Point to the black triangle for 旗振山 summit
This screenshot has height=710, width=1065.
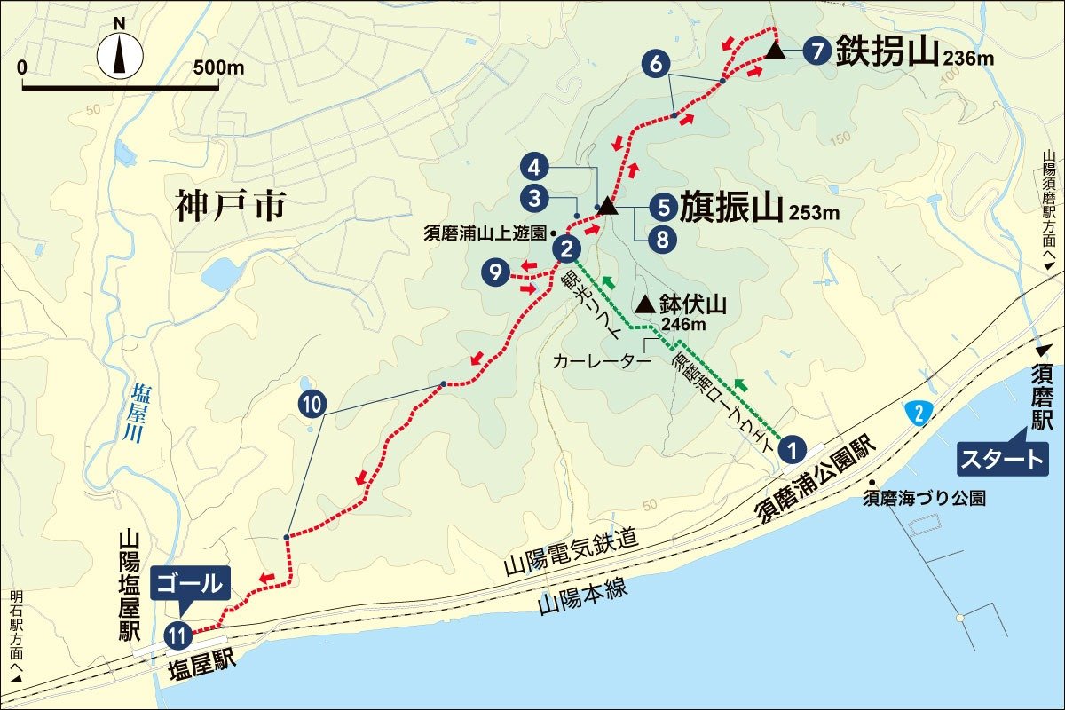[607, 206]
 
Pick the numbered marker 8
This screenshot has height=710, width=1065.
[661, 238]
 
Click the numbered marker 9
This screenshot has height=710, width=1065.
[495, 272]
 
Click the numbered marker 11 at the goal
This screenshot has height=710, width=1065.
[177, 634]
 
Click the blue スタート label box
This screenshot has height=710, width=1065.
[1000, 459]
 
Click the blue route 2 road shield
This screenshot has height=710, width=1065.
[919, 411]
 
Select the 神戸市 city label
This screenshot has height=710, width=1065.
[231, 207]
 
